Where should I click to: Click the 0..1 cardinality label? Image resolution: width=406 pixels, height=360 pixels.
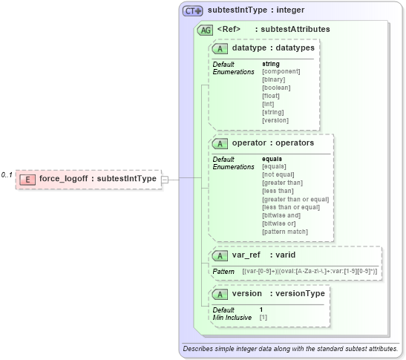(x=7, y=175)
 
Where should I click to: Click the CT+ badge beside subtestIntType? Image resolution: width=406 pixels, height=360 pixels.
(x=193, y=11)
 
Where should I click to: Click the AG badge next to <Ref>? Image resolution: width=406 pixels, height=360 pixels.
(x=204, y=30)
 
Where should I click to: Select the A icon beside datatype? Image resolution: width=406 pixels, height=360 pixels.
(x=220, y=48)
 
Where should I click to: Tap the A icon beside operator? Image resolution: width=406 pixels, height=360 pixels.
(x=220, y=143)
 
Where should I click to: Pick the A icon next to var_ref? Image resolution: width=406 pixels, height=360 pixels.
(x=220, y=255)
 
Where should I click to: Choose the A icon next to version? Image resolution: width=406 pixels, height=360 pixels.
(x=220, y=294)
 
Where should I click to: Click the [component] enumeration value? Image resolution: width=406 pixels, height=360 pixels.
(x=281, y=72)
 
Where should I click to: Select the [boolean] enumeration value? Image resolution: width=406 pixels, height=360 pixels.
(x=276, y=88)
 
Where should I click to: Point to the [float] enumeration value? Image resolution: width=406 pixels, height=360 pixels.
(x=271, y=96)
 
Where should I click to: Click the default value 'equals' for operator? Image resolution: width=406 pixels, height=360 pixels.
(x=272, y=159)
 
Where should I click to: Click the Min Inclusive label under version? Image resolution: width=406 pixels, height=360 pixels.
(x=231, y=317)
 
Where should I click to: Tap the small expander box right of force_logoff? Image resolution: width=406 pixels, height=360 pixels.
(x=165, y=179)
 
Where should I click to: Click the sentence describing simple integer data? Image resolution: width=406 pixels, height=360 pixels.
(x=290, y=348)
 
